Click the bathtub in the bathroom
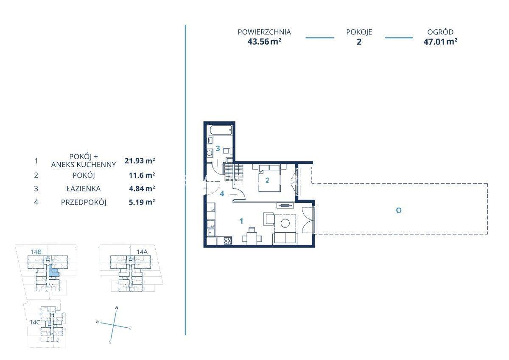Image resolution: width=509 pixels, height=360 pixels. coord(221,130)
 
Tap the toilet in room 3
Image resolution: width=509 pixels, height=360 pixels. coord(227,151)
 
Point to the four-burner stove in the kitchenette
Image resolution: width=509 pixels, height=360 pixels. coord(228,240)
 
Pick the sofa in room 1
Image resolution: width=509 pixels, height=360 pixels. coord(285,238)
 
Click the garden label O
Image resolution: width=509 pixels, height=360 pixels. coord(399,211)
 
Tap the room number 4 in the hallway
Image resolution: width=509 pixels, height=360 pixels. coord(222,194)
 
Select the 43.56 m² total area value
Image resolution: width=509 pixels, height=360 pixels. coord(264,42)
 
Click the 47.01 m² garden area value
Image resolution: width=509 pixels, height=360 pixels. coord(440,42)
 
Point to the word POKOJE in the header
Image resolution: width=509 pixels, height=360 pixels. coord(359,32)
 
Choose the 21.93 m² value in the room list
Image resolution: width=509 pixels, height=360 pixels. coord(140,161)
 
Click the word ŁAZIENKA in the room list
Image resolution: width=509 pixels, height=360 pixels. coord(84,188)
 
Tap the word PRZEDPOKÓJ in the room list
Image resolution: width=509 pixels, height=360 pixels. coord(84,202)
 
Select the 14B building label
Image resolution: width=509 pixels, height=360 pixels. coord(36,252)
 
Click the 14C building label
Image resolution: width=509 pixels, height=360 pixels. coord(35,322)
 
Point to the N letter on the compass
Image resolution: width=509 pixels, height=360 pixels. coord(117,308)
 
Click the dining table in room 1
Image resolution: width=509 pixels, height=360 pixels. coord(252,237)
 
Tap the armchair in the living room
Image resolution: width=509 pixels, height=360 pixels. coord(268,219)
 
